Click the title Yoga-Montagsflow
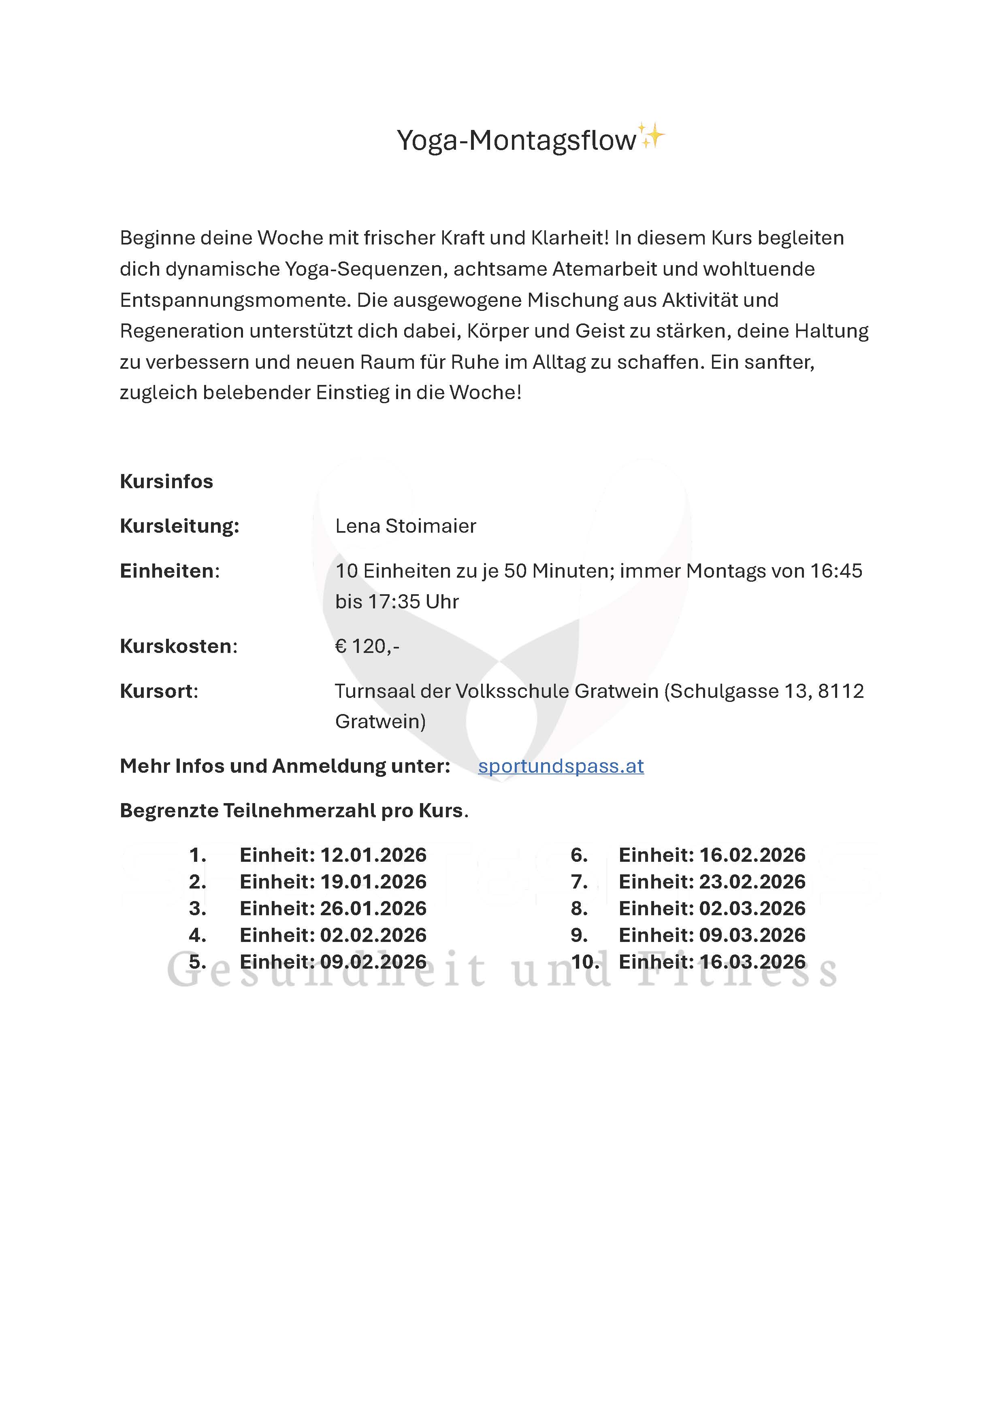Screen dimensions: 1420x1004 tap(516, 140)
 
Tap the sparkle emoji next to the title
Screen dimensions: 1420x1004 tap(651, 136)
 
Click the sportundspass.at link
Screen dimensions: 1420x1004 tap(561, 766)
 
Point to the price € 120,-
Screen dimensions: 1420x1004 tap(367, 646)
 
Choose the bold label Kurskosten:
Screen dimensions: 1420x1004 tap(178, 646)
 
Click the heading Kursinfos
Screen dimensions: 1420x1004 tap(166, 481)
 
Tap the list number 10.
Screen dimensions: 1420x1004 tap(584, 962)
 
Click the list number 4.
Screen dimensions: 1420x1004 tap(197, 935)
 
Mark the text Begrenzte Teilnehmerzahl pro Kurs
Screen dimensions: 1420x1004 tap(294, 810)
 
